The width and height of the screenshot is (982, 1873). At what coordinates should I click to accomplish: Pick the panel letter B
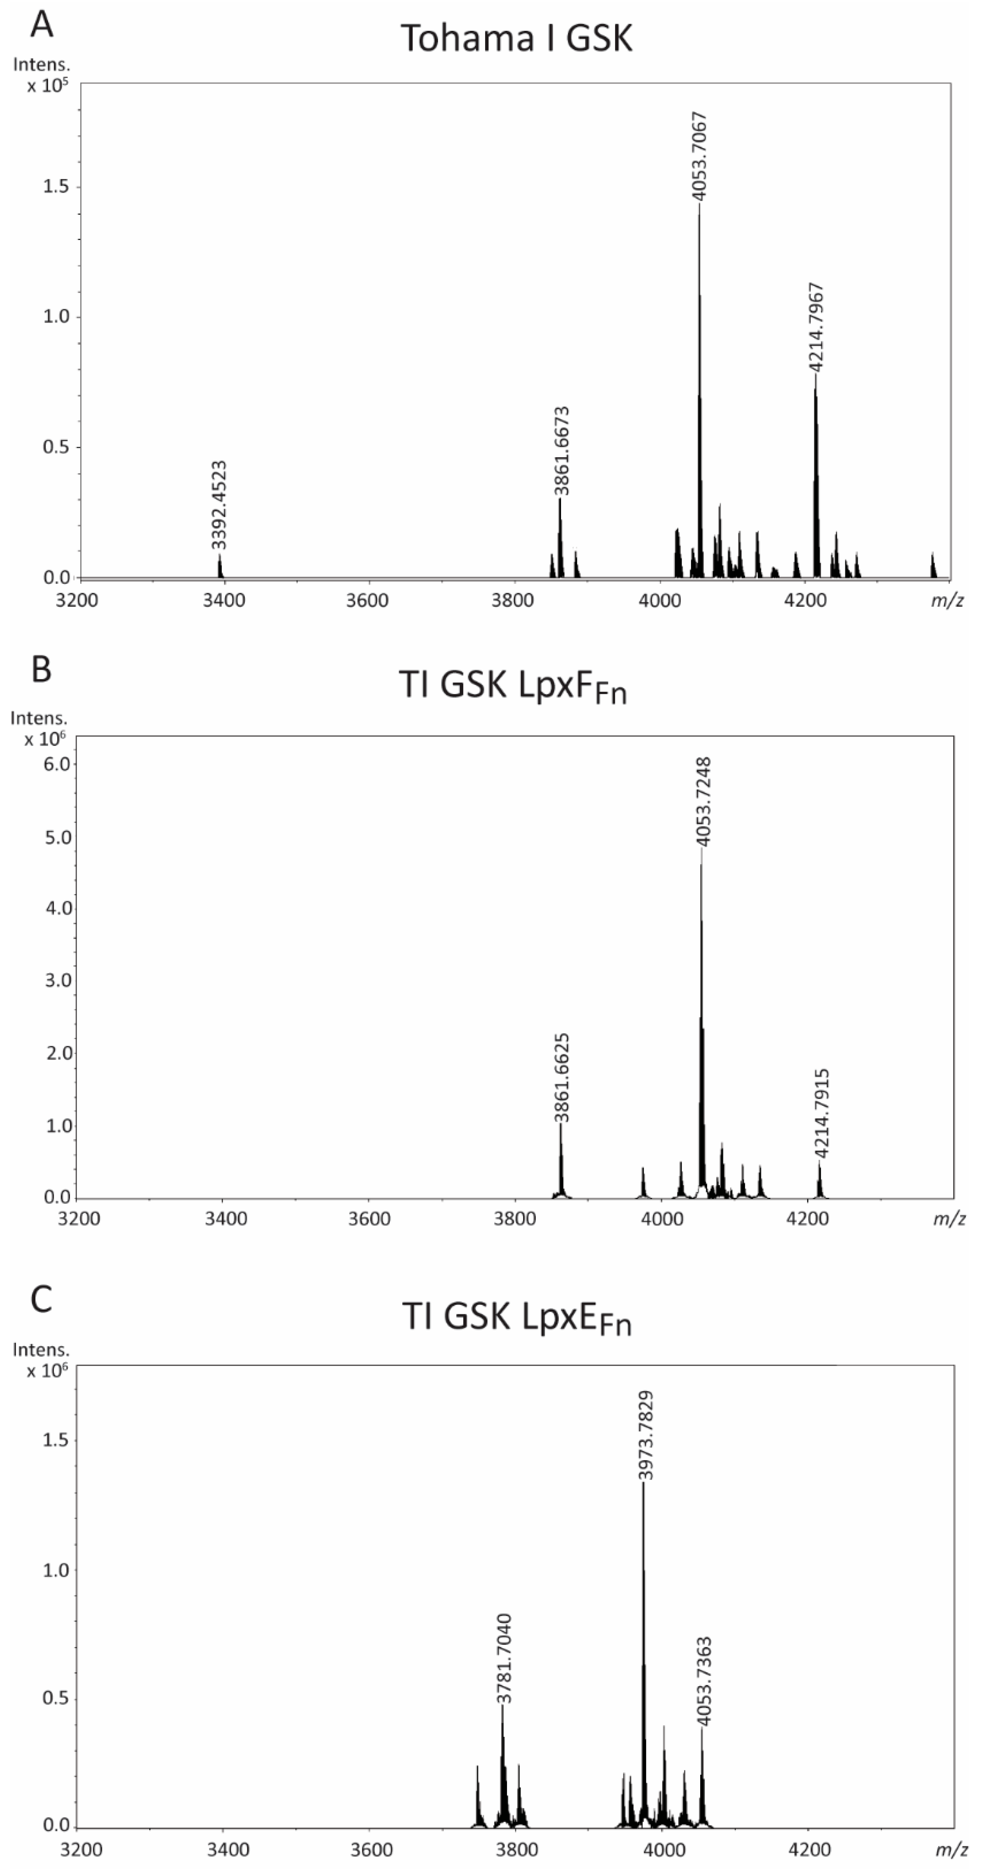41,669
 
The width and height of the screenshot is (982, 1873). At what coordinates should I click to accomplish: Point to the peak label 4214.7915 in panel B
821,1113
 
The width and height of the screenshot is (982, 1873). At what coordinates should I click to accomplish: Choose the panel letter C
41,1299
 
